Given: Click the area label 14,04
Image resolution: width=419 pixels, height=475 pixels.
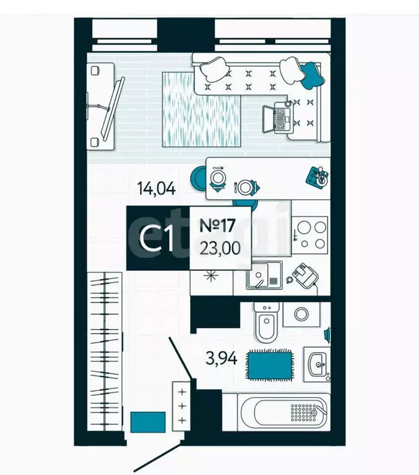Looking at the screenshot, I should pos(157,188).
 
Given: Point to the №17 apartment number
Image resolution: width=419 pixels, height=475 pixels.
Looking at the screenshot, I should pos(220,225).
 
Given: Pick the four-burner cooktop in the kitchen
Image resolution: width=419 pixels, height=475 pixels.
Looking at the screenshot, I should pos(309,233).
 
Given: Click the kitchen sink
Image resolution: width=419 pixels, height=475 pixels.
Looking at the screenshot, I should pos(264,276).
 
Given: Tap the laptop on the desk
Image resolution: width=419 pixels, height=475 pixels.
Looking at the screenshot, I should pos(278,118).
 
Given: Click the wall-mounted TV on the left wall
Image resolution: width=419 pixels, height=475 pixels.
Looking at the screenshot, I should pos(110,109).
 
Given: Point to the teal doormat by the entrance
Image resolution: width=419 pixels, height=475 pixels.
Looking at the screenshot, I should pos(148,422).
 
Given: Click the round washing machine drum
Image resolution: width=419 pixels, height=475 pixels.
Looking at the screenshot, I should pos(301,313).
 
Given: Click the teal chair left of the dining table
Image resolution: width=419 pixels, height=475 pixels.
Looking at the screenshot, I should pos(199,177).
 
